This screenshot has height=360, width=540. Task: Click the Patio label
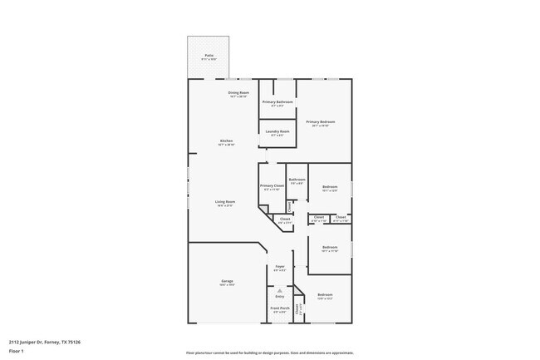(209, 56)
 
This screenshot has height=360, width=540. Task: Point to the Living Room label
(225, 202)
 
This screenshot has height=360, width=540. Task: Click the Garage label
(227, 281)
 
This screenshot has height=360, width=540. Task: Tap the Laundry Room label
(277, 131)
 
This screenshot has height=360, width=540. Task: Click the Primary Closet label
(272, 186)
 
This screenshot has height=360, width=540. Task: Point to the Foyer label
(281, 267)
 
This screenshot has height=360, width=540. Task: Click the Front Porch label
(280, 308)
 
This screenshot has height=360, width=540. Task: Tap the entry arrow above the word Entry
(279, 289)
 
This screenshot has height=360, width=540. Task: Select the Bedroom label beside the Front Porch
(325, 295)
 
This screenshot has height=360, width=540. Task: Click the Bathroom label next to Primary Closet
(297, 180)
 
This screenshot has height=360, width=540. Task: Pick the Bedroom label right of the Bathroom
(330, 187)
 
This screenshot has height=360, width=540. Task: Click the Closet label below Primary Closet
(285, 219)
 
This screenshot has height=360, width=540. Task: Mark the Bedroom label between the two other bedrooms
(330, 247)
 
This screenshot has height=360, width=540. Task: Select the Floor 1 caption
(16, 352)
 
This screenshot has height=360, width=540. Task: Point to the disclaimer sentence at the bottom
(269, 353)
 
